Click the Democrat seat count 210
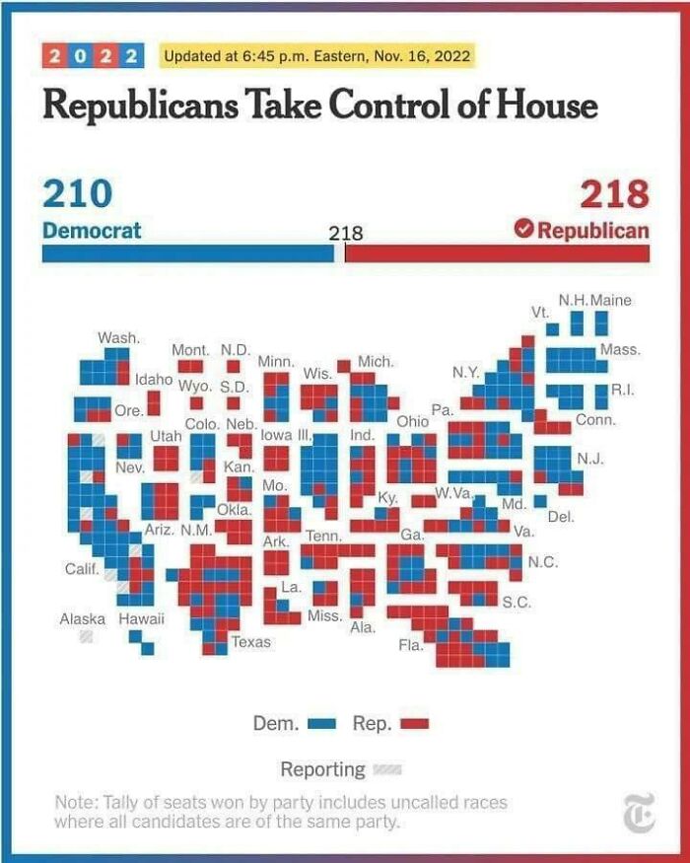pyautogui.click(x=77, y=193)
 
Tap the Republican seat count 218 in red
pyautogui.click(x=614, y=193)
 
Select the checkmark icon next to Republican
pyautogui.click(x=523, y=230)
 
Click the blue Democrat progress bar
pyautogui.click(x=187, y=253)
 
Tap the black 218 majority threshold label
pyautogui.click(x=346, y=234)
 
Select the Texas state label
pyautogui.click(x=250, y=643)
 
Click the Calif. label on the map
pyautogui.click(x=79, y=569)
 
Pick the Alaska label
pyautogui.click(x=83, y=619)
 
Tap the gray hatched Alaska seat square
pyautogui.click(x=87, y=637)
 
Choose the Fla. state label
pyautogui.click(x=410, y=646)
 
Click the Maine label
pyautogui.click(x=612, y=300)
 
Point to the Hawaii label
pyautogui.click(x=142, y=619)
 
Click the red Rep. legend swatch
pyautogui.click(x=415, y=724)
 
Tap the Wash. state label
pyautogui.click(x=117, y=338)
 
